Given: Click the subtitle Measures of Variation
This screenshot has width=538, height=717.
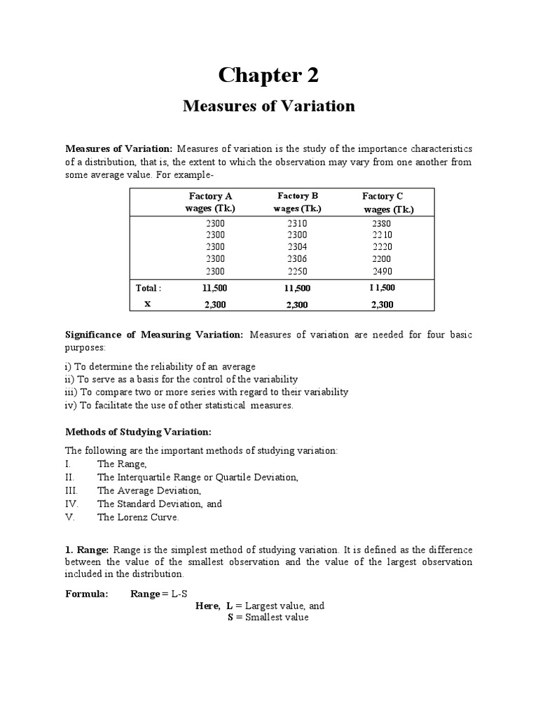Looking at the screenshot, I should point(269,106).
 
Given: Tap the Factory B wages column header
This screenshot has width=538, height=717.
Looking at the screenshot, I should point(298,202).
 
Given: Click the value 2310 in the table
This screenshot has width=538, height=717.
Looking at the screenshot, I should point(297,223).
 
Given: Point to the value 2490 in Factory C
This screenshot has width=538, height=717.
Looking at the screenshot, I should point(382,270).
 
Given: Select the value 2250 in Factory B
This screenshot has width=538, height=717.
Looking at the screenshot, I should point(297,270).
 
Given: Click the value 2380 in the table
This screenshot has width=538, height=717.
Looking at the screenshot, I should point(382,223).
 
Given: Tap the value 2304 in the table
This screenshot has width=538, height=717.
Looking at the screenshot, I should point(297,246).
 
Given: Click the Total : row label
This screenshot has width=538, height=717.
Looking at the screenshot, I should point(149,288).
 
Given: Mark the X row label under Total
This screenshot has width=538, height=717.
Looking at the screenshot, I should point(147,304).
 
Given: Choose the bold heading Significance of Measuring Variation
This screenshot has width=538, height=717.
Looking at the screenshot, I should point(154,335).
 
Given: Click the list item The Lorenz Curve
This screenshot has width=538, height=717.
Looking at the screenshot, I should point(139,517).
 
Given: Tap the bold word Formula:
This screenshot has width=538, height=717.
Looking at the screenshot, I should point(87,593).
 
